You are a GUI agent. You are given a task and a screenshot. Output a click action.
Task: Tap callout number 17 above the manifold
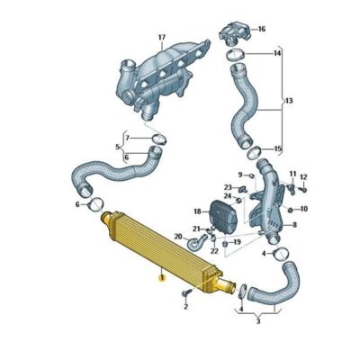[x=161, y=37]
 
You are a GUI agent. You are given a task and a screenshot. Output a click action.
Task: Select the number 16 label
[x=262, y=29]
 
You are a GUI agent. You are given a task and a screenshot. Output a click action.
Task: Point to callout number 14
[x=277, y=54]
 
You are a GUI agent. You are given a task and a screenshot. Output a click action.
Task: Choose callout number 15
[x=277, y=148]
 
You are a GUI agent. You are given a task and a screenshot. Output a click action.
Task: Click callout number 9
[x=240, y=174]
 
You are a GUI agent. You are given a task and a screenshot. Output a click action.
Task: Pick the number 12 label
[x=303, y=176]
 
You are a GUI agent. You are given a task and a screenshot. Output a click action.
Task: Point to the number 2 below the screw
[x=184, y=307]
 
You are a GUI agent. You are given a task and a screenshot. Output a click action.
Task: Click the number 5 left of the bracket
[x=117, y=146]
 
